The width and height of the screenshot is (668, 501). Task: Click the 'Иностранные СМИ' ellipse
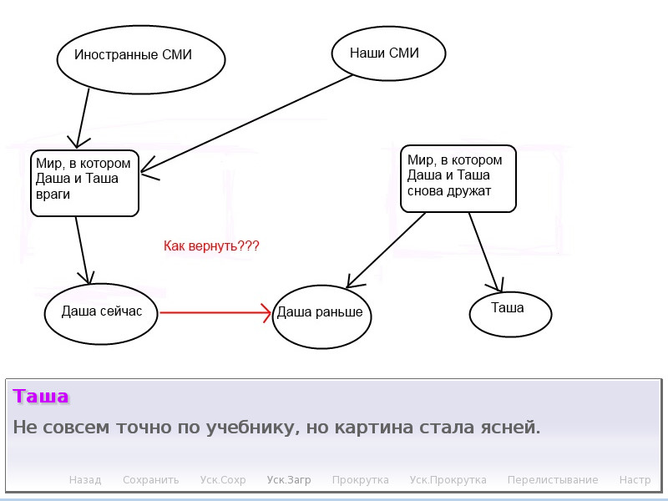pyautogui.click(x=141, y=56)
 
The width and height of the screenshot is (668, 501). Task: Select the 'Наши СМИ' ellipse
pyautogui.click(x=388, y=54)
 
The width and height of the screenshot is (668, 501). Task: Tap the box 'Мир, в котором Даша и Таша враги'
pyautogui.click(x=84, y=182)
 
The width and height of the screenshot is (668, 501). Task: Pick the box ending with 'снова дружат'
pyautogui.click(x=458, y=178)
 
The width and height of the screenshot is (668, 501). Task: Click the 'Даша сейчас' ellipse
pyautogui.click(x=102, y=311)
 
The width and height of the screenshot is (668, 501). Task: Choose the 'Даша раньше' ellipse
pyautogui.click(x=321, y=315)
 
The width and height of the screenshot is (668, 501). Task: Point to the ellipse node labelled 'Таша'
pyautogui.click(x=510, y=311)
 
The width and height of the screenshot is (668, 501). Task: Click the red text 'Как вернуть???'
pyautogui.click(x=211, y=246)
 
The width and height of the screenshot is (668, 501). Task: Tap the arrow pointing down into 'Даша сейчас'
pyautogui.click(x=82, y=250)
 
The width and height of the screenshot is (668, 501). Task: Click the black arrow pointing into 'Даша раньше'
pyautogui.click(x=386, y=250)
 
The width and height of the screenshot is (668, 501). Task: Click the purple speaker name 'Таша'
pyautogui.click(x=41, y=397)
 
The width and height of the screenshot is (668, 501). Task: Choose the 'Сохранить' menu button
pyautogui.click(x=150, y=480)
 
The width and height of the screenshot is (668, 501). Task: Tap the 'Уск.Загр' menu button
pyautogui.click(x=289, y=480)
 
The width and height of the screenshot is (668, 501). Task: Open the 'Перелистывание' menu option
pyautogui.click(x=553, y=480)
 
